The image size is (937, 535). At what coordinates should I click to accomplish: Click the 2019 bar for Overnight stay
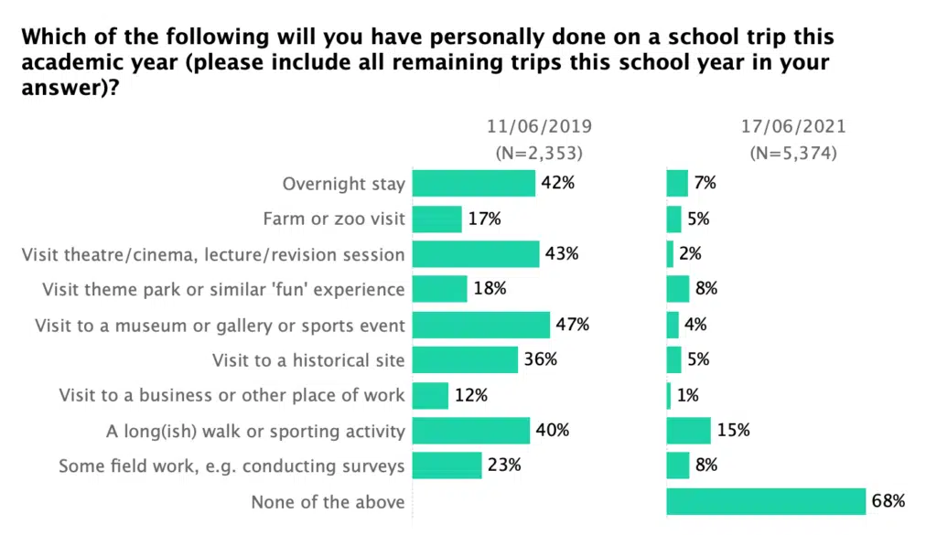(473, 183)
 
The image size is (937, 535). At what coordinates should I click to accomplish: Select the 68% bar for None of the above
(766, 501)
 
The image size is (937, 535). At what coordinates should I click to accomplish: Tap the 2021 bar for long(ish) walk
(688, 430)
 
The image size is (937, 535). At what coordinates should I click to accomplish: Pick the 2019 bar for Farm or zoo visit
(437, 219)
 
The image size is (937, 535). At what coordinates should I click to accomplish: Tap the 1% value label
(688, 395)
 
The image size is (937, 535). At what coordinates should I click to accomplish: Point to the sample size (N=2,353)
(538, 153)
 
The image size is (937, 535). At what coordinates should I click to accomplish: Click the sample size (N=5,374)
(792, 153)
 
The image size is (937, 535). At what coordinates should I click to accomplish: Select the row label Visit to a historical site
(308, 360)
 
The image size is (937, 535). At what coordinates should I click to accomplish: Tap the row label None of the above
(328, 502)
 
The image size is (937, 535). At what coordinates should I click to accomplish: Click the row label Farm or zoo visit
(333, 219)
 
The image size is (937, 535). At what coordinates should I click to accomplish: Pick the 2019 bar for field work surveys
(447, 465)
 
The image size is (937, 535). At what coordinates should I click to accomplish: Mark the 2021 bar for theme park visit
(677, 289)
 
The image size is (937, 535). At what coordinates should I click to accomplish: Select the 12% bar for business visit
(430, 395)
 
